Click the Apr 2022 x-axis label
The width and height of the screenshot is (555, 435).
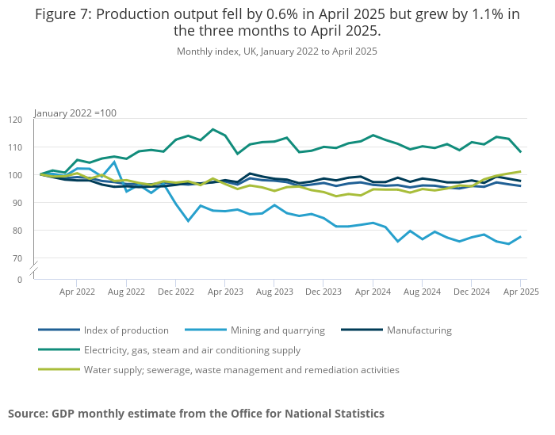[77, 292]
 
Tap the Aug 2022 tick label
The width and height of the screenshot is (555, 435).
[126, 292]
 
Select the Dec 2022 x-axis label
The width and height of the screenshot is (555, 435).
[176, 292]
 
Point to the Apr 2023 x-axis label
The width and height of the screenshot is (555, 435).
[225, 292]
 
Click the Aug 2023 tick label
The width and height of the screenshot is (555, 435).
[274, 292]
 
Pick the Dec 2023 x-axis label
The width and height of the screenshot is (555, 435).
[323, 292]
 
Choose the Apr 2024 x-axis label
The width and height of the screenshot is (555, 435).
[373, 292]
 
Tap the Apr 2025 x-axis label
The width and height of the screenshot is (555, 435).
[521, 292]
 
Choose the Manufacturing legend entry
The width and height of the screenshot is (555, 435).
[419, 330]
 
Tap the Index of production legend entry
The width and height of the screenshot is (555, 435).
[126, 330]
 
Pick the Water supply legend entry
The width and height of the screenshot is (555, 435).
[240, 369]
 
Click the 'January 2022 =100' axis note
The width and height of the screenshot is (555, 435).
[75, 113]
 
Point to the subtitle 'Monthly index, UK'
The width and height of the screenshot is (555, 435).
[277, 52]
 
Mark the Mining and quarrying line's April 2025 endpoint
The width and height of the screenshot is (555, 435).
[521, 236]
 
